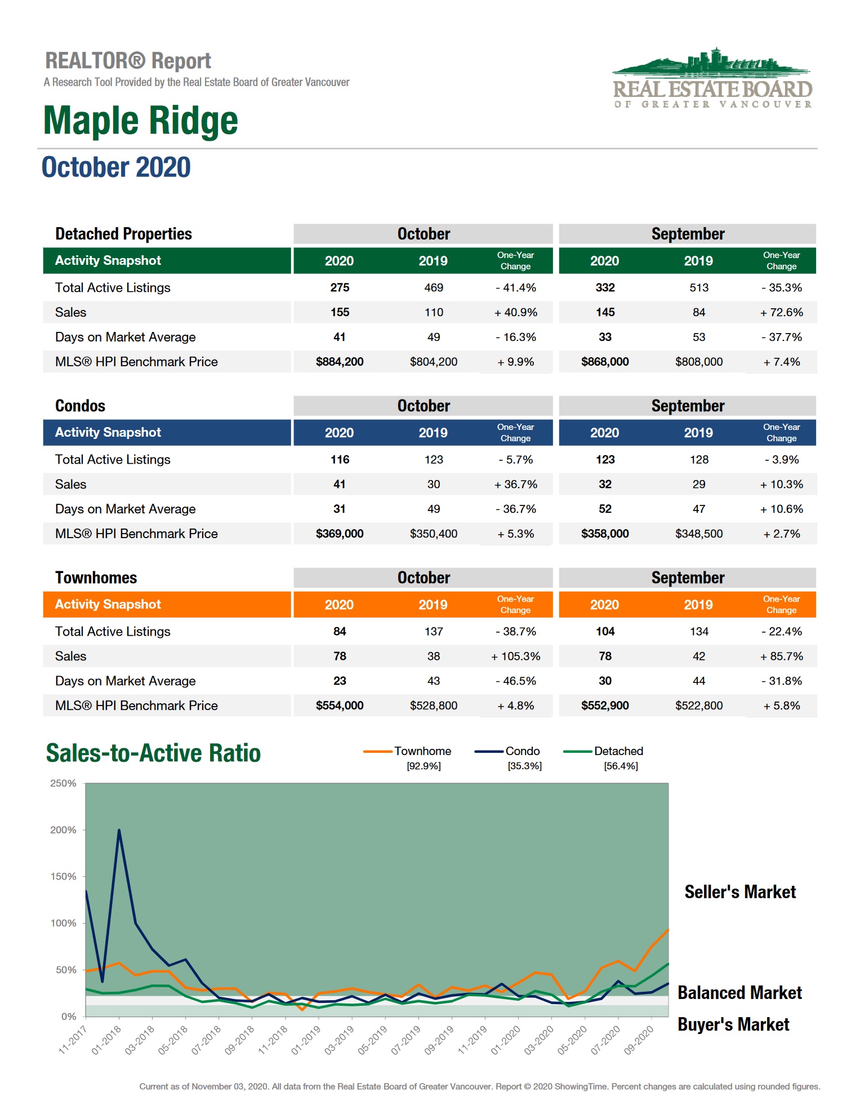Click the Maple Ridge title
140,121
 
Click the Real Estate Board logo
712,78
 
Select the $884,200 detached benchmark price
339,362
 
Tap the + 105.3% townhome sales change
515,656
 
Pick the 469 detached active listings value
433,288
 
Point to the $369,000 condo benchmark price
339,534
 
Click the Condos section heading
80,406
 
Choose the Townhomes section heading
96,578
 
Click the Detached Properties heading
123,234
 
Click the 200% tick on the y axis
63,830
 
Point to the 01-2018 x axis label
106,1040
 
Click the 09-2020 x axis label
639,1040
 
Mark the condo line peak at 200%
119,830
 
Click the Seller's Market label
740,892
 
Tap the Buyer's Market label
733,1024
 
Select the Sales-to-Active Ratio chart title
153,753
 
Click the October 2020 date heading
116,167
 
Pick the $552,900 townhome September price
605,705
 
